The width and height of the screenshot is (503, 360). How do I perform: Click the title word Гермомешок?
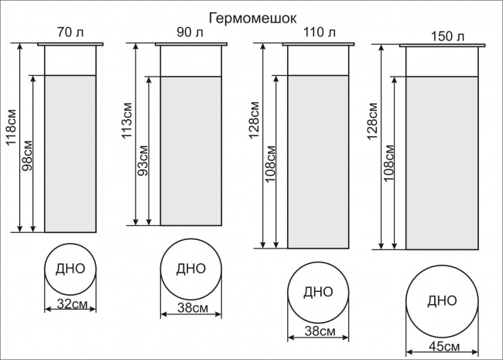tap(253, 19)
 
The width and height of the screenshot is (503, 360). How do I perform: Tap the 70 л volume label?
tap(70, 33)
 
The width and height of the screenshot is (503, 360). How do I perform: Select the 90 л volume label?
tap(190, 32)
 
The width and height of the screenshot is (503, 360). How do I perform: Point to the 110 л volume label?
tap(319, 32)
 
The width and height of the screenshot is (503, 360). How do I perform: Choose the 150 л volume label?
tap(447, 36)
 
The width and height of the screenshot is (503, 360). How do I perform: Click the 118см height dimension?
tap(12, 128)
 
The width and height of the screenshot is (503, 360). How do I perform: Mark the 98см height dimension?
tap(27, 156)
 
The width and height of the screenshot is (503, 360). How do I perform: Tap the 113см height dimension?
tap(127, 120)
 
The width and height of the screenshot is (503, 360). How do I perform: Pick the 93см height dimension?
tap(142, 160)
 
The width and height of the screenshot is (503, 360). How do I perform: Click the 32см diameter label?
tap(72, 303)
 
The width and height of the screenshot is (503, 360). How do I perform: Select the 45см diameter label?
tap(444, 346)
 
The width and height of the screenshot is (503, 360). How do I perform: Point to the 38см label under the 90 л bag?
tap(193, 308)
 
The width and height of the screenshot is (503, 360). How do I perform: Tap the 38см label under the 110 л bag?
tap(320, 331)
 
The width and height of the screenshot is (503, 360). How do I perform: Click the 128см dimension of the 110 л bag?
tap(254, 120)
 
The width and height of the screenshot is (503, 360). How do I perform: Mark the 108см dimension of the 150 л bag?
tap(388, 163)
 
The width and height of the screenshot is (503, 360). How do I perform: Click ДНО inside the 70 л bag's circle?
tap(70, 269)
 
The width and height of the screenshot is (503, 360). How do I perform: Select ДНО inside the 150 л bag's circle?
tap(442, 301)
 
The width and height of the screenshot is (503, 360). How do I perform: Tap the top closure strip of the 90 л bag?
tap(191, 44)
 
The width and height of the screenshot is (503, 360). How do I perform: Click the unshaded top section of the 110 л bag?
tap(318, 60)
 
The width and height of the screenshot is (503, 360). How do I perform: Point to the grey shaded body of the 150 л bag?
tap(442, 163)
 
